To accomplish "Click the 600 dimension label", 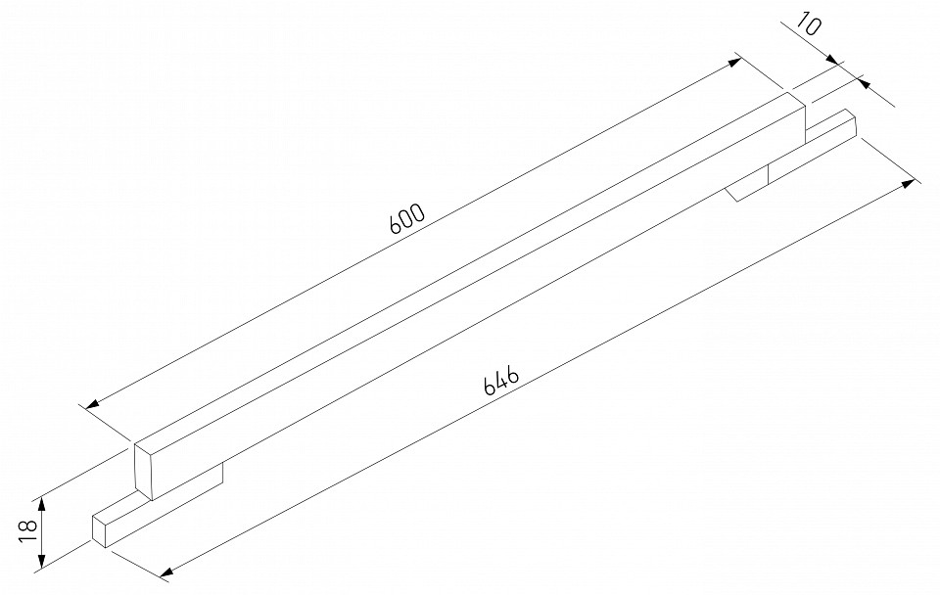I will tap(406, 218).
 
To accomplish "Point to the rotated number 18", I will tap(27, 530).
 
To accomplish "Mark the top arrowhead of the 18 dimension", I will tap(42, 501).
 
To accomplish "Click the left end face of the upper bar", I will tap(146, 471).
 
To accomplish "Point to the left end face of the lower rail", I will tap(99, 528).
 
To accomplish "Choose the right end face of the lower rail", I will tap(850, 125).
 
